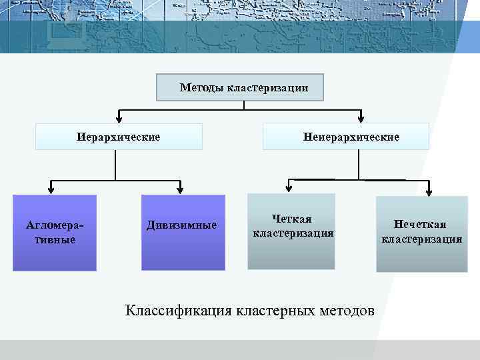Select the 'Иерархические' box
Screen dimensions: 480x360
click(118, 137)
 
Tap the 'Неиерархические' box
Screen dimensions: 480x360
click(346, 137)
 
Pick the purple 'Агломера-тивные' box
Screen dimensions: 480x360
click(55, 232)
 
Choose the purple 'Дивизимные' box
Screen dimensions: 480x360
click(183, 232)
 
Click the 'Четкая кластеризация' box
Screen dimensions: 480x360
click(291, 231)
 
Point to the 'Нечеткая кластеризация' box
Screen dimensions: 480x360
click(421, 234)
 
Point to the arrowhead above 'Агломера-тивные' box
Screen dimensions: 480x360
click(51, 189)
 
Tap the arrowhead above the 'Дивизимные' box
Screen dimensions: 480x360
click(181, 189)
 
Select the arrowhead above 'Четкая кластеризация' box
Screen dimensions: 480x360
click(289, 189)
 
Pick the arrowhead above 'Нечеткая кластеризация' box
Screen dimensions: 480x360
click(429, 191)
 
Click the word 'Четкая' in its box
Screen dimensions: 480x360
click(291, 219)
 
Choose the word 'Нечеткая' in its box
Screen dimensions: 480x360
click(420, 225)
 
